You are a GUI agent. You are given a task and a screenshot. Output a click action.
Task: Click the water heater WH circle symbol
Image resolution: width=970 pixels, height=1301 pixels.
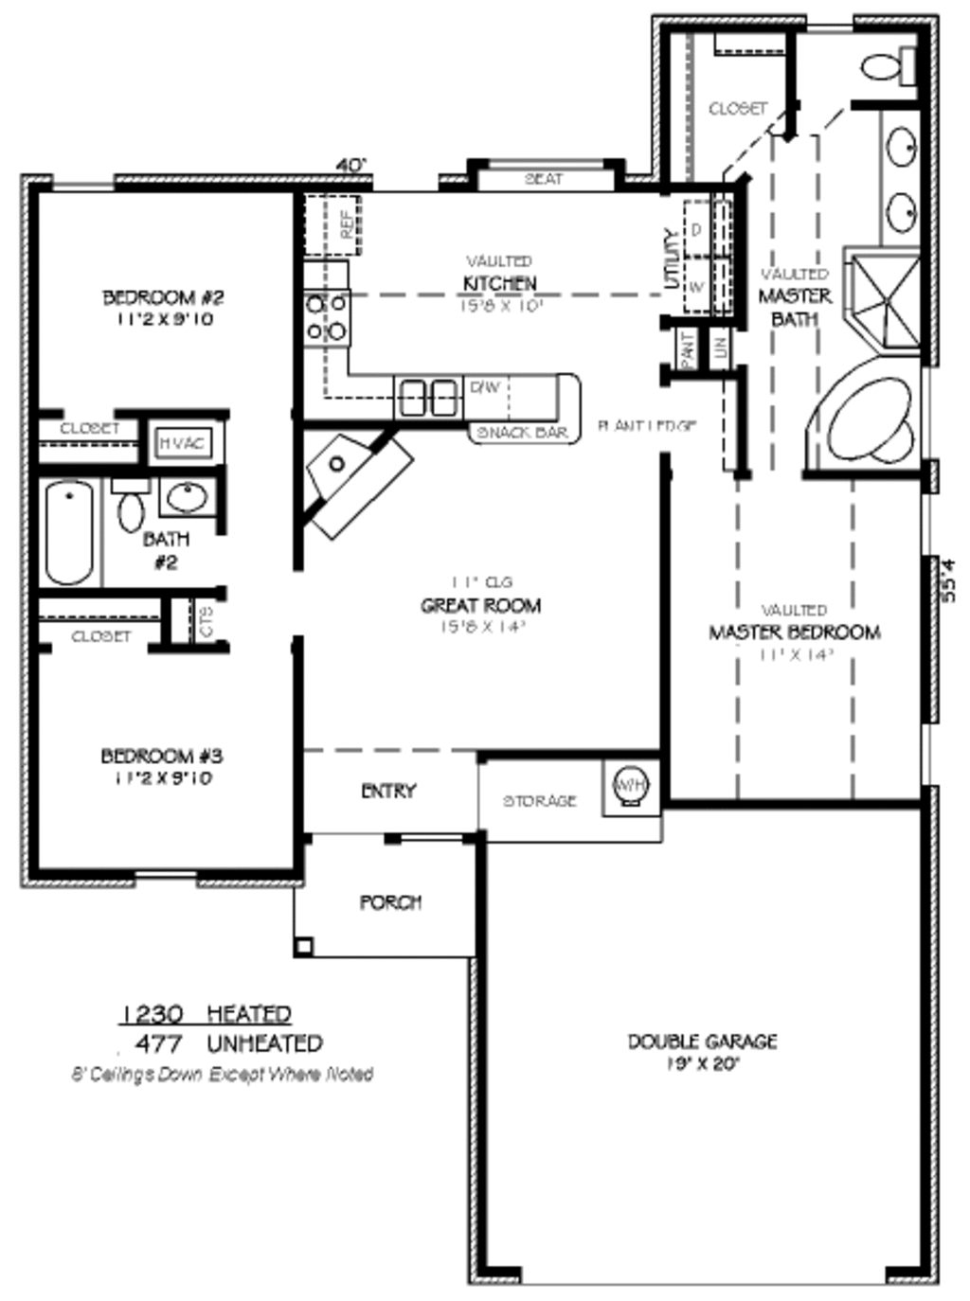tap(630, 784)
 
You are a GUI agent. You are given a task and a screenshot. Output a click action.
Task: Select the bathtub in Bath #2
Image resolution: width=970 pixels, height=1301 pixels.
tap(69, 532)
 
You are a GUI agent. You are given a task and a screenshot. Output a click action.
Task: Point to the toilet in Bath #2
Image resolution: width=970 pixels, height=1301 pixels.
tap(131, 507)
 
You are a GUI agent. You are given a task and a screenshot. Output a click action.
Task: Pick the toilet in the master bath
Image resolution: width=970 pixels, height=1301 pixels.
tap(887, 65)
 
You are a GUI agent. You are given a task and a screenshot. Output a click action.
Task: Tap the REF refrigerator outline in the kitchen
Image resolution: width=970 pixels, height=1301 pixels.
tap(342, 224)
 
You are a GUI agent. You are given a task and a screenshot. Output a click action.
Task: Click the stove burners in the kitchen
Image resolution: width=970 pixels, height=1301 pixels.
tap(325, 318)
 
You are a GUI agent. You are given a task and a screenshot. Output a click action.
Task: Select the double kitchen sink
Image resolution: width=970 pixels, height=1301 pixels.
tap(428, 397)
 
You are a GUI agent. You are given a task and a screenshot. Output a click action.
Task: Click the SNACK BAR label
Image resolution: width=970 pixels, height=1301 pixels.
tap(523, 432)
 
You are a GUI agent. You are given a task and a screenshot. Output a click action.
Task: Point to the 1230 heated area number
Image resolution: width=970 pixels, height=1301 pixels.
tap(152, 1014)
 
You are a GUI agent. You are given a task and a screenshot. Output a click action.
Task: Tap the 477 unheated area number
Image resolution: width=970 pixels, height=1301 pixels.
tap(158, 1043)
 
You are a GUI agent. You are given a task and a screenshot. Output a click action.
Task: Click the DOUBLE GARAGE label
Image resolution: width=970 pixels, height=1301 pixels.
tap(702, 1042)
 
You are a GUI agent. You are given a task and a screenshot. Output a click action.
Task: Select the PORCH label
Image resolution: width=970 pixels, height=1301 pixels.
tap(390, 902)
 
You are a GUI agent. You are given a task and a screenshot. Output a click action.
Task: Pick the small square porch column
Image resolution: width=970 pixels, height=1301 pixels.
tap(303, 944)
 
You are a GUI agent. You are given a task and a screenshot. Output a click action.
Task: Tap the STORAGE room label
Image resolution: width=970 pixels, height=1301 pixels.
tap(539, 801)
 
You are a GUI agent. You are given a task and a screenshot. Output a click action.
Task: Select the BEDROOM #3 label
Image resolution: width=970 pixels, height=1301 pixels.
tap(161, 756)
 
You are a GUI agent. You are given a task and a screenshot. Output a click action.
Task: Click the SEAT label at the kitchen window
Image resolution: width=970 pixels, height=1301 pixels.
tap(544, 178)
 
